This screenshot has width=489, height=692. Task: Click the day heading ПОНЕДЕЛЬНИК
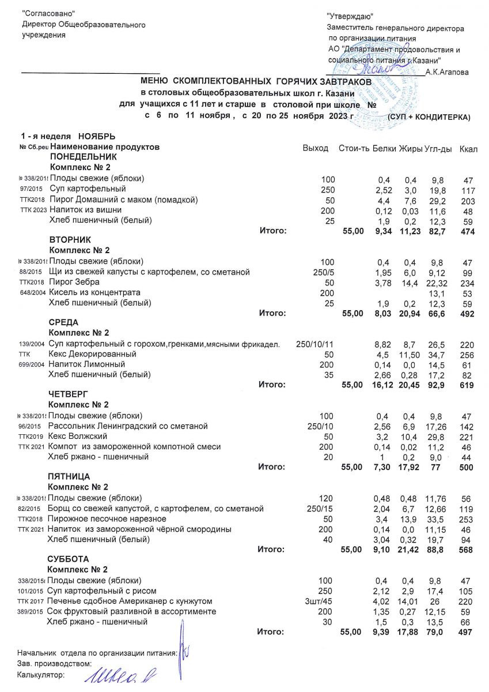click(x=84, y=157)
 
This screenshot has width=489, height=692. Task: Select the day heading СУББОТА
click(x=68, y=559)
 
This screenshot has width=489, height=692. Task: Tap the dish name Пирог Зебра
click(x=75, y=282)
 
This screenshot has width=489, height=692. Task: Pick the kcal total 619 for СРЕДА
click(x=468, y=385)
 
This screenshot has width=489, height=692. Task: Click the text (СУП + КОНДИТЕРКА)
click(x=429, y=117)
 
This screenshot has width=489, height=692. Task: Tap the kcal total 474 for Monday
click(x=468, y=232)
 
